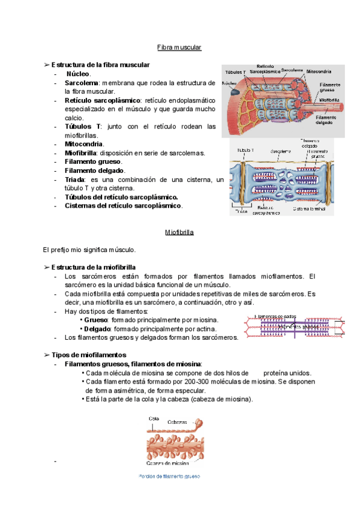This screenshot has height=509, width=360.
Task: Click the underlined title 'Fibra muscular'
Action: click(x=179, y=47)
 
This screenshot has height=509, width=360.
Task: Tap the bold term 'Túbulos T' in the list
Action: click(x=82, y=127)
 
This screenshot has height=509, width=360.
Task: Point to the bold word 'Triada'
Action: click(x=76, y=179)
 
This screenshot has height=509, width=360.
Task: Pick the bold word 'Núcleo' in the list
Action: click(x=79, y=73)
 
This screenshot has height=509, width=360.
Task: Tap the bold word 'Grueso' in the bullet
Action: click(x=96, y=320)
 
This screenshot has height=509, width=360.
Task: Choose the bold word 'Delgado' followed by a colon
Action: click(x=97, y=329)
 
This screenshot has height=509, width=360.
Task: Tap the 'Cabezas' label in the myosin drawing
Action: click(x=178, y=421)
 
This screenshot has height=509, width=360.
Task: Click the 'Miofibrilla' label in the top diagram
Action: click(x=332, y=100)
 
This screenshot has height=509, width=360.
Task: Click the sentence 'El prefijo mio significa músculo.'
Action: click(x=90, y=249)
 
